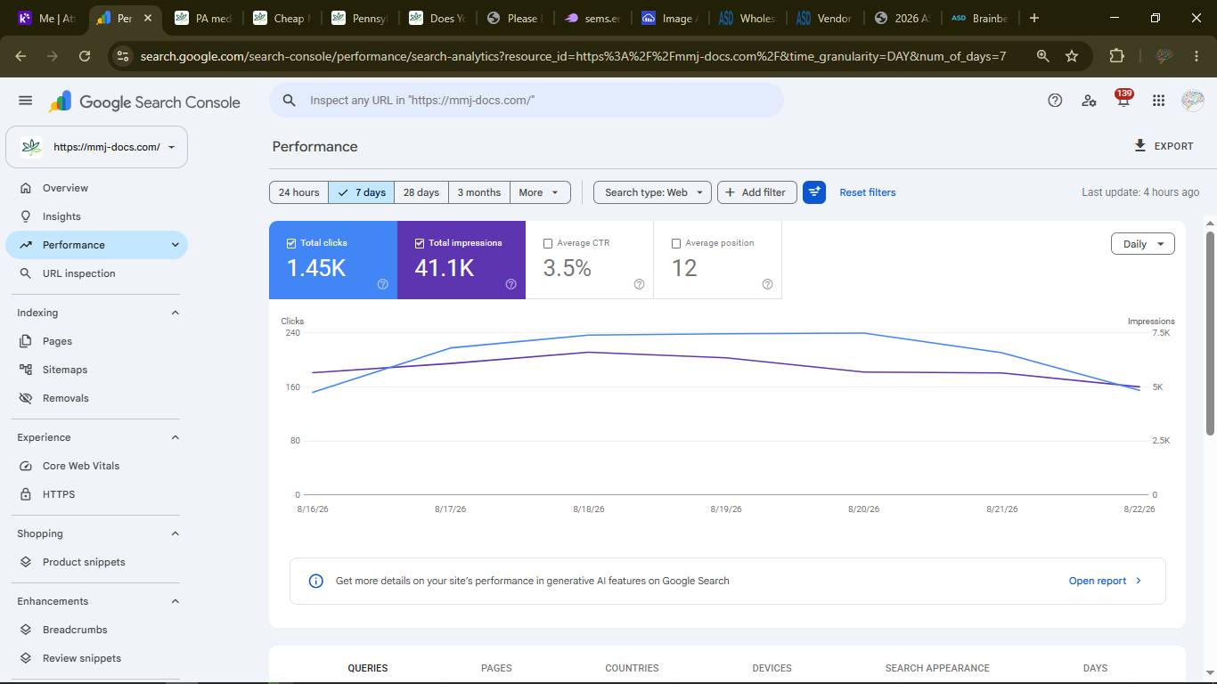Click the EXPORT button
coord(1164,146)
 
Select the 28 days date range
coord(421,192)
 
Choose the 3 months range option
coord(478,192)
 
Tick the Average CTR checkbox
coord(548,243)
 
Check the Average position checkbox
coord(676,243)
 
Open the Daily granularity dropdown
coord(1142,244)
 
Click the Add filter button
coord(756,192)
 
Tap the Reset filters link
coord(867,192)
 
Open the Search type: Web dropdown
coord(652,192)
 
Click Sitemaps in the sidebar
coord(65,370)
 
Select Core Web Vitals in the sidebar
coord(81,466)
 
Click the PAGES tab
coord(496,668)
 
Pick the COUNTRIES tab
coord(632,668)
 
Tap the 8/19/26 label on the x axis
coord(726,509)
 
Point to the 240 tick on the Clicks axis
coord(292,332)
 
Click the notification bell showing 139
coord(1123,100)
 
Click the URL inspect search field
coord(526,100)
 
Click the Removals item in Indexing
coord(65,398)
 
